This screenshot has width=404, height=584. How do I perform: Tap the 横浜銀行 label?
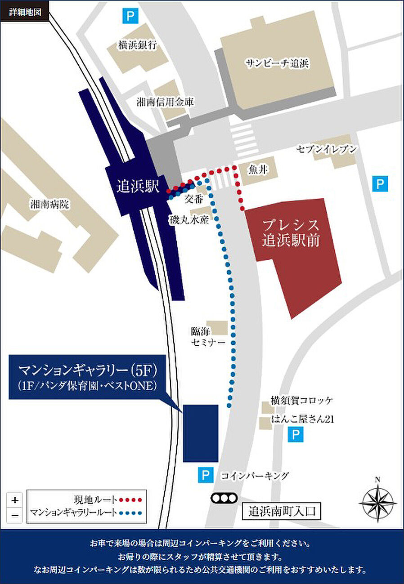tap(137, 45)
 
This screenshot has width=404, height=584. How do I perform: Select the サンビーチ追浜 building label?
tap(276, 63)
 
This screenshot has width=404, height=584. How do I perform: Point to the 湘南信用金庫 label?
tap(165, 102)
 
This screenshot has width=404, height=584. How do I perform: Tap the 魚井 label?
tap(258, 169)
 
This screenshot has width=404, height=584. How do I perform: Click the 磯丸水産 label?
tap(189, 220)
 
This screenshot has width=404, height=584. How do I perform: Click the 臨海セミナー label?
tap(207, 337)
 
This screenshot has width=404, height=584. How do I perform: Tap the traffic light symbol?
tap(224, 498)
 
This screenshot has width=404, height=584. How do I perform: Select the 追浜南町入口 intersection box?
tap(281, 511)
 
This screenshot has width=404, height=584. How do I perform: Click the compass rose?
tap(377, 500)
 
